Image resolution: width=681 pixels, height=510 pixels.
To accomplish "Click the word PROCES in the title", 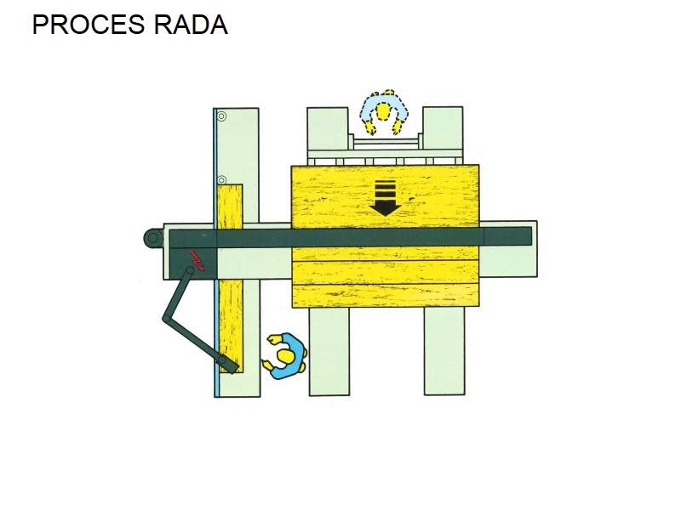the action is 89,25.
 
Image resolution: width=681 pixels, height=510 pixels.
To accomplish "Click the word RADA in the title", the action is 191,25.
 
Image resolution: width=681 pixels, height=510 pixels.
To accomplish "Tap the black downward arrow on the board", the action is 385,198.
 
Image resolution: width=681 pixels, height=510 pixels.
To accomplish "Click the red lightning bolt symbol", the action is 197,260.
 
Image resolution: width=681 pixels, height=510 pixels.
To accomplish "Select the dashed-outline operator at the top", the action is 384,112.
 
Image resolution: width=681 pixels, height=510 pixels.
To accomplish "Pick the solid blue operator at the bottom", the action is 286,355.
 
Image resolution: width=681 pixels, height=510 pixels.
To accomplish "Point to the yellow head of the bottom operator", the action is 286,356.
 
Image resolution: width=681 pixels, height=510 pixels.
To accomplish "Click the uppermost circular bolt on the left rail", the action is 221,116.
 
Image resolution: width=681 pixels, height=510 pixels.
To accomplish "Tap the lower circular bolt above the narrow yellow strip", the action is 221,180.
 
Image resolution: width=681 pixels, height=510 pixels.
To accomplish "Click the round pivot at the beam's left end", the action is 153,238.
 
